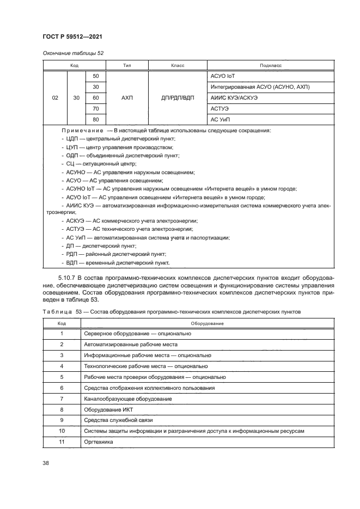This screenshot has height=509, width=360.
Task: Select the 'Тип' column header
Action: tap(127, 65)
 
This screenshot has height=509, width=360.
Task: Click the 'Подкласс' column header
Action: tap(271, 65)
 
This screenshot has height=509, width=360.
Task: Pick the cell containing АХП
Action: tap(127, 98)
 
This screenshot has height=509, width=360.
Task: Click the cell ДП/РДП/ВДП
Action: tap(178, 98)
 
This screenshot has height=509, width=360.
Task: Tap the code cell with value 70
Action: tap(96, 109)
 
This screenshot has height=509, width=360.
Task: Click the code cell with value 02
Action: tap(55, 98)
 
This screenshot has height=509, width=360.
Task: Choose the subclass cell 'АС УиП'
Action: tap(222, 120)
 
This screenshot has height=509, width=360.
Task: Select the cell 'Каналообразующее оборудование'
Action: tap(128, 398)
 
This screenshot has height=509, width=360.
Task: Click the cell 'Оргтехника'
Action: tap(99, 442)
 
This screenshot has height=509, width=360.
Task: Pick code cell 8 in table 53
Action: tap(62, 409)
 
